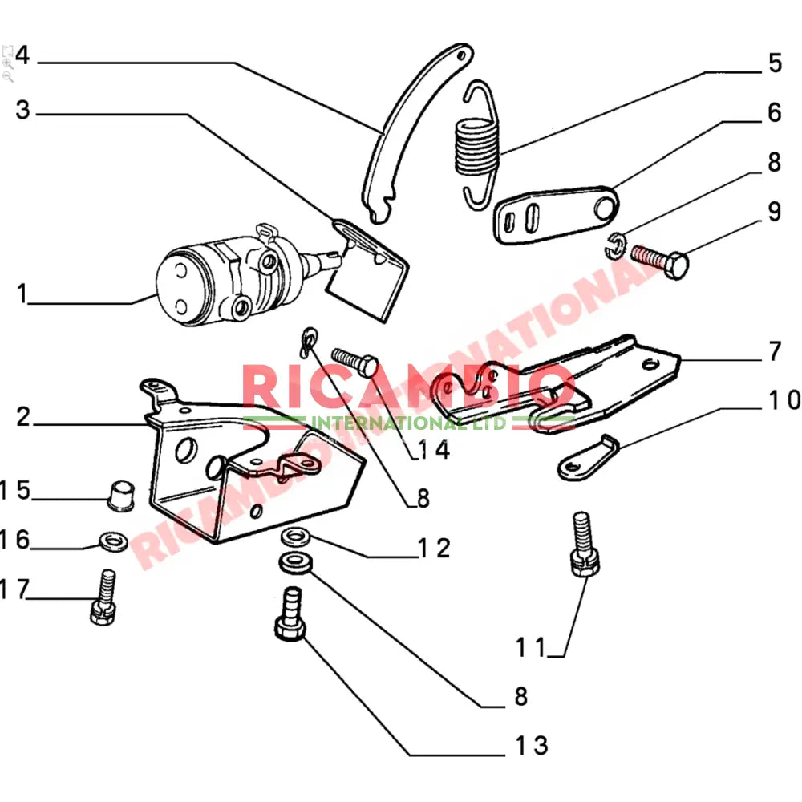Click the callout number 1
click(22, 294)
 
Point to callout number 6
click(774, 113)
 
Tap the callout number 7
click(774, 350)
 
